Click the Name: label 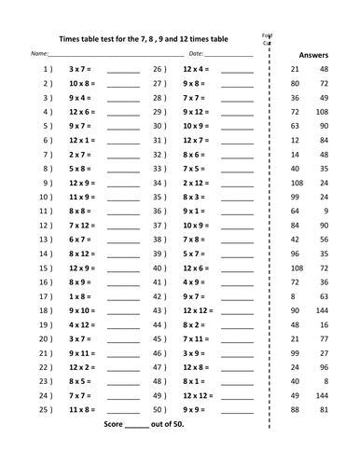point(40,55)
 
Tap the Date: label point(197,55)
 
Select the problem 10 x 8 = point(80,84)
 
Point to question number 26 point(159,70)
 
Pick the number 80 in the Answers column point(295,84)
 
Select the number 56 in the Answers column point(324,240)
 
